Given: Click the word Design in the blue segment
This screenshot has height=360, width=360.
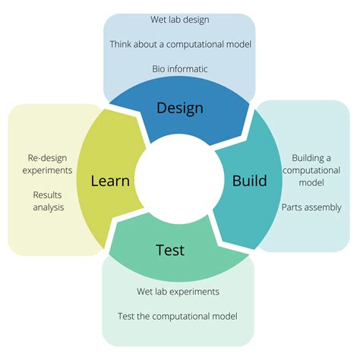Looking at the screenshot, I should (x=180, y=107).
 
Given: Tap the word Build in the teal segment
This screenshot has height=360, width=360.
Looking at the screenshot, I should (x=249, y=181).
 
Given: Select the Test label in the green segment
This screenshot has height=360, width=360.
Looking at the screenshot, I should (x=170, y=250).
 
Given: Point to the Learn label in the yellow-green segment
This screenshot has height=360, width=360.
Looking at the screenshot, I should (x=110, y=181).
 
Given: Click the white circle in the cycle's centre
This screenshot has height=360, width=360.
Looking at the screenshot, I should (x=180, y=179).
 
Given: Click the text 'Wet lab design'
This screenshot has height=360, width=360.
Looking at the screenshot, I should (x=179, y=19).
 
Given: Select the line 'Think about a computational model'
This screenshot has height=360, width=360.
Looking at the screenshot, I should (x=179, y=44).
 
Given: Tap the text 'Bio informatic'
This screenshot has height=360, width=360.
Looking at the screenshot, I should (x=179, y=69).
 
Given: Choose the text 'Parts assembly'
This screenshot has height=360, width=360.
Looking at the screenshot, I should (x=311, y=207).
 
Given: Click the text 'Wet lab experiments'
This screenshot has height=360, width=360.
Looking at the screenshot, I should (x=178, y=291).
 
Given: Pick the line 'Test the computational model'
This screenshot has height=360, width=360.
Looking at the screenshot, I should (x=178, y=316).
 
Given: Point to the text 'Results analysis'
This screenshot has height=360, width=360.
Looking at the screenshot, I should (x=48, y=201).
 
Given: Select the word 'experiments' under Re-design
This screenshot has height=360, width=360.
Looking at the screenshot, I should (x=48, y=170).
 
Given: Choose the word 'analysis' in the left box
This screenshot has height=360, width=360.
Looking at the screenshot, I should (x=48, y=207).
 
